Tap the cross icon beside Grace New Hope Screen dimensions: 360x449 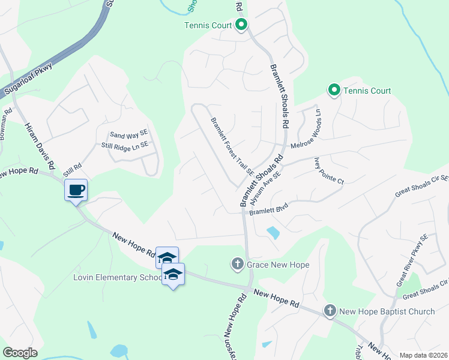238,264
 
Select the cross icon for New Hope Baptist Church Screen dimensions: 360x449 330,311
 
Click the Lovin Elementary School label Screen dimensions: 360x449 118,277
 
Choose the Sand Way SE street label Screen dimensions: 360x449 128,134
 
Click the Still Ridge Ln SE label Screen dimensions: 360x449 125,145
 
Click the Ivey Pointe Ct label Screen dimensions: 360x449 328,171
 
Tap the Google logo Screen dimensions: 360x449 20,353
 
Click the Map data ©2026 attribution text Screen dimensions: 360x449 423,355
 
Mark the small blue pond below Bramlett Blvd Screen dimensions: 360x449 273,232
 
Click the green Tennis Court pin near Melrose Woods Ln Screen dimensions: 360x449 334,91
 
